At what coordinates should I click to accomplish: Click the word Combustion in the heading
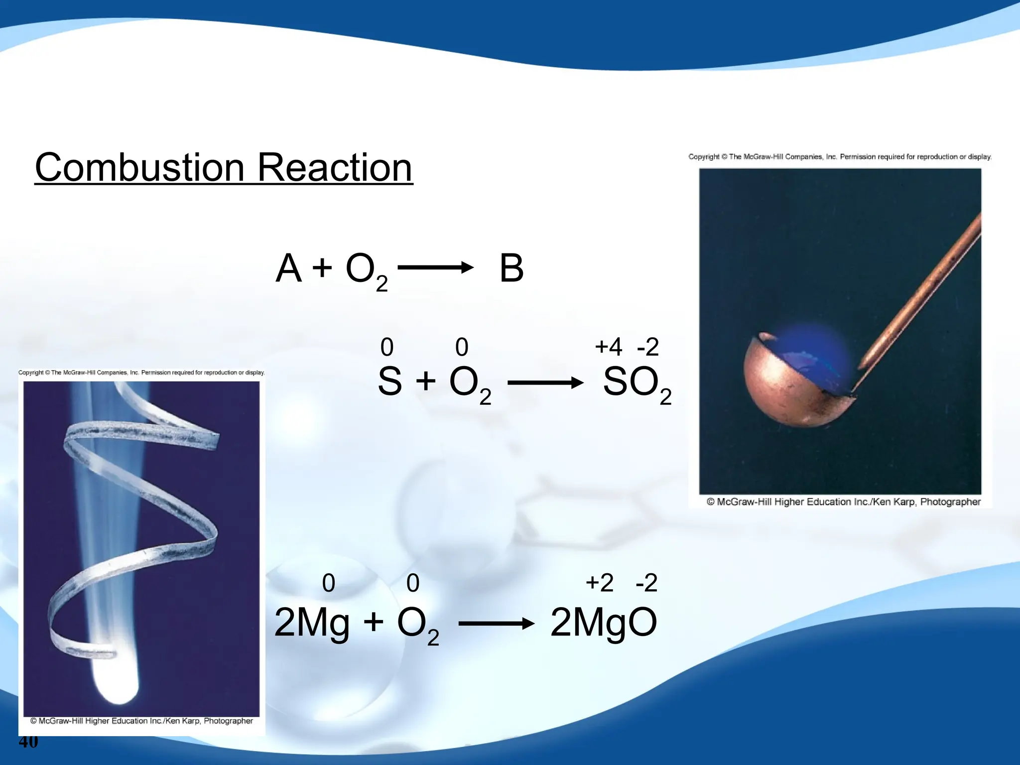pos(140,168)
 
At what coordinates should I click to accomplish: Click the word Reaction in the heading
pos(335,168)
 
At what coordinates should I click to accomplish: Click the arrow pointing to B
pos(435,267)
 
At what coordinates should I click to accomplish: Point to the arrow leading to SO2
pos(545,382)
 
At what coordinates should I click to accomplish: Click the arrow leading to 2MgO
pos(496,624)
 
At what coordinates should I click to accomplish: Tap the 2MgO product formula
pos(604,623)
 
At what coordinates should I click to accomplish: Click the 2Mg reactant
pos(312,623)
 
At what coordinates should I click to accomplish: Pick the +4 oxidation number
pos(608,347)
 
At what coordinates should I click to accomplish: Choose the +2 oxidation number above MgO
pos(599,583)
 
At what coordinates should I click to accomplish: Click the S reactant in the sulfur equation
pos(389,382)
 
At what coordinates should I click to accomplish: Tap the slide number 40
pos(28,742)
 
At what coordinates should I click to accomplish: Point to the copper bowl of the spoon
pos(787,393)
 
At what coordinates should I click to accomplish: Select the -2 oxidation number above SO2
pos(648,347)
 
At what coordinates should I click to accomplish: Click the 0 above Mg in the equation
pos(329,583)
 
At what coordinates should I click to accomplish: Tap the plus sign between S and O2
pos(426,382)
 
